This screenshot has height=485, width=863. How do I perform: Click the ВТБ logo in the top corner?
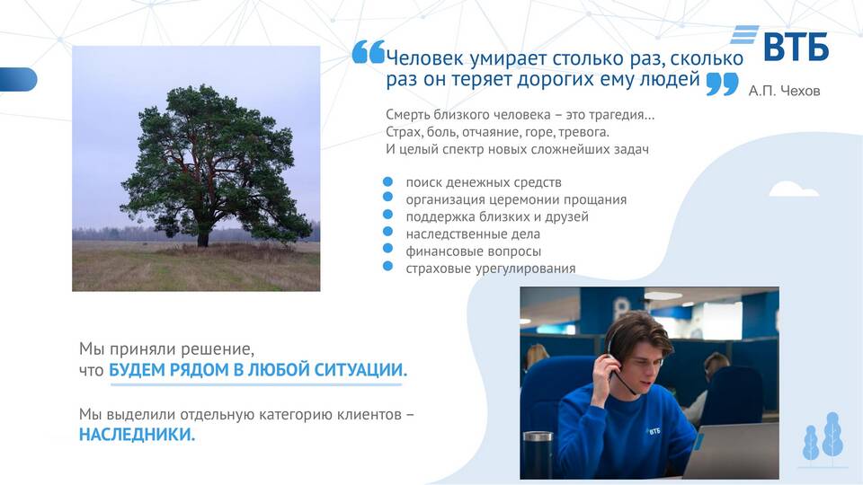tap(780, 43)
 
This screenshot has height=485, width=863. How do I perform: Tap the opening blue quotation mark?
tap(369, 52)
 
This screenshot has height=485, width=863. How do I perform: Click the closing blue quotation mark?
tap(722, 84)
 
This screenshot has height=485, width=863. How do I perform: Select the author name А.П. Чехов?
tap(784, 91)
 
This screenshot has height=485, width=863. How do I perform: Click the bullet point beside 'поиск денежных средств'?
tap(388, 181)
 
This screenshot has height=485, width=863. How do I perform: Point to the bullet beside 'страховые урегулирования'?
tap(388, 266)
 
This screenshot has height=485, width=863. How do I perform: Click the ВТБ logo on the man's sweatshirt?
tap(654, 431)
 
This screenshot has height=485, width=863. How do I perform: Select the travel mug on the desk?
tap(538, 454)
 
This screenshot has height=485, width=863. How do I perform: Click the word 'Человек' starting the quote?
tap(424, 57)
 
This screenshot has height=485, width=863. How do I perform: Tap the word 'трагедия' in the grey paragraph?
tap(622, 115)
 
